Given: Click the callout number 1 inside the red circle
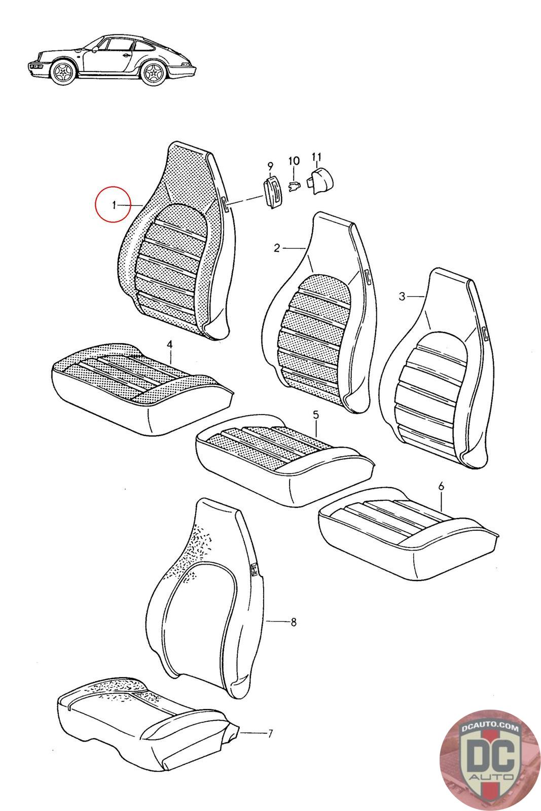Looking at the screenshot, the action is click(x=114, y=205).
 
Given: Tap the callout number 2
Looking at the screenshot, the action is click(x=277, y=248).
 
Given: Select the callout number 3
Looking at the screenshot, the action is click(x=402, y=296).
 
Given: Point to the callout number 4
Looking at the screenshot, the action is click(x=169, y=344).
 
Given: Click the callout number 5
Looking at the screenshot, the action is click(x=316, y=415).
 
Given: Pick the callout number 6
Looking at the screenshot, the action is click(x=441, y=487).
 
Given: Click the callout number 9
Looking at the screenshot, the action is click(x=271, y=166).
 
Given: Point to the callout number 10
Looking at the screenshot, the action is click(x=294, y=160).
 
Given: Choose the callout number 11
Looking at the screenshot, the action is click(x=317, y=157).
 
